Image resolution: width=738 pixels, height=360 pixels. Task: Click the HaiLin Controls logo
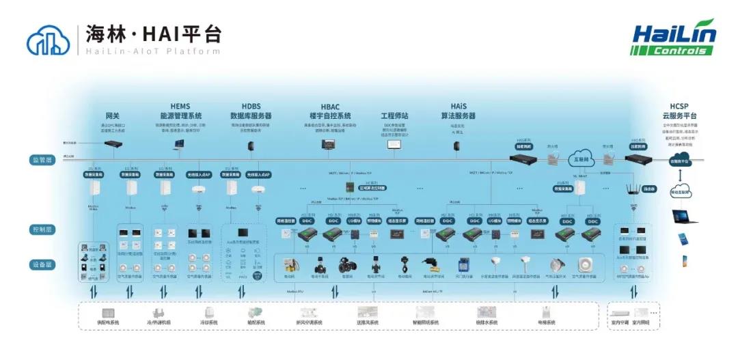672,38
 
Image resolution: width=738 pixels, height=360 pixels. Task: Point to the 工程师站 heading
394,115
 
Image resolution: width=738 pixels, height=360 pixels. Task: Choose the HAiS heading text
459,106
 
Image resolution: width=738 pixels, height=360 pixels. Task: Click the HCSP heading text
679,106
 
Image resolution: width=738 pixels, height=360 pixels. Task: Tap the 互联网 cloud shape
583,160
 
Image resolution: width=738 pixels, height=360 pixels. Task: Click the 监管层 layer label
40,159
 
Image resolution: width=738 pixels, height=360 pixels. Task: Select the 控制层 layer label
40,229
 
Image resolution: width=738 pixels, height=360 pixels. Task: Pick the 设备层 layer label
40,264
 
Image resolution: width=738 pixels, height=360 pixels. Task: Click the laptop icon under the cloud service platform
685,217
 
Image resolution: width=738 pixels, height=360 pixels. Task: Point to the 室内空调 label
620,322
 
